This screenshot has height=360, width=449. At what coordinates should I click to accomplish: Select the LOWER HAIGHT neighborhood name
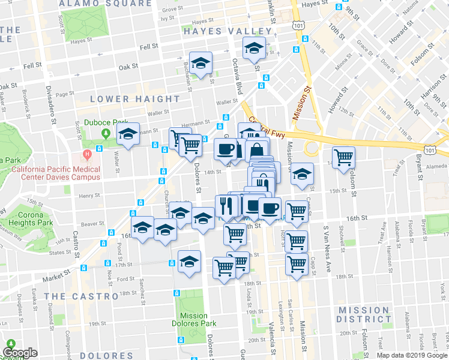pos(134,98)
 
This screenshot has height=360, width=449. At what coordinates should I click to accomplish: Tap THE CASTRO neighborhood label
pos(81,296)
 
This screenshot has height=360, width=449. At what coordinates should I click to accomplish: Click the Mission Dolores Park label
pos(193,320)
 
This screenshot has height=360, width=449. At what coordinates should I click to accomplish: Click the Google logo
pos(20,353)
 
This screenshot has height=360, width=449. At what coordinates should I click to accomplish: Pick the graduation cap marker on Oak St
pos(200,63)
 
